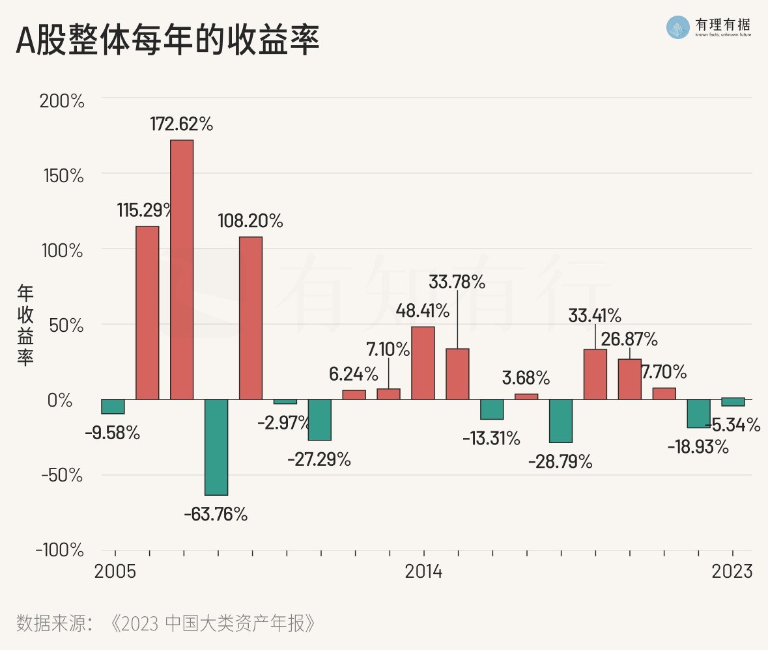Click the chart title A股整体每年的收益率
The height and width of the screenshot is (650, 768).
(x=167, y=41)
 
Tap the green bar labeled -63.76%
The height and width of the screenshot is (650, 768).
(x=216, y=447)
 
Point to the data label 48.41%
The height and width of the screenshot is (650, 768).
(x=423, y=310)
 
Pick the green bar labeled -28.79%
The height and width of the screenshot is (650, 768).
(x=561, y=421)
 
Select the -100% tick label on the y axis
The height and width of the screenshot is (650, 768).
(x=60, y=550)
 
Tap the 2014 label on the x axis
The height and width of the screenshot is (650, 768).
(x=423, y=572)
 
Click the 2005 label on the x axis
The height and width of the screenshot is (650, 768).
(x=115, y=572)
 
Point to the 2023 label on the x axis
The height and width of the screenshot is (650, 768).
(x=732, y=572)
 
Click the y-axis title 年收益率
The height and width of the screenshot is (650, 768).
(x=25, y=325)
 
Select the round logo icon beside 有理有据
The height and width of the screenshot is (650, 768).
(x=678, y=27)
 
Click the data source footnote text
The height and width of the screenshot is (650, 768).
(x=166, y=623)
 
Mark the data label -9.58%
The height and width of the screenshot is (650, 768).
(x=112, y=432)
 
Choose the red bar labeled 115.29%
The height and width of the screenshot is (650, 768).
(x=147, y=312)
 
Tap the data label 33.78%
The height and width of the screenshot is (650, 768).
(x=457, y=282)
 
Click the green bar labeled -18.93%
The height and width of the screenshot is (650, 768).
(x=698, y=413)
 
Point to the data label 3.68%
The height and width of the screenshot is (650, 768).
(x=525, y=377)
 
